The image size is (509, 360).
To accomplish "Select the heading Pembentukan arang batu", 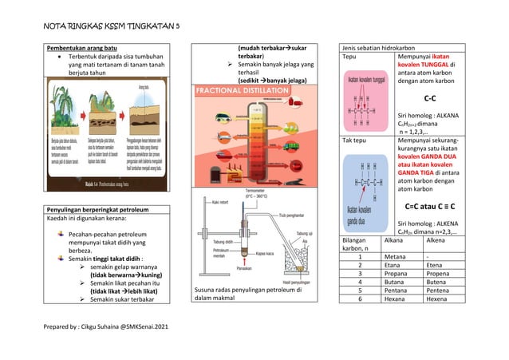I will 84,49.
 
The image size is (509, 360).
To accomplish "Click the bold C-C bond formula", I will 429,98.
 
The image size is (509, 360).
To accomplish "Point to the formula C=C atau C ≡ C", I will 430,206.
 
